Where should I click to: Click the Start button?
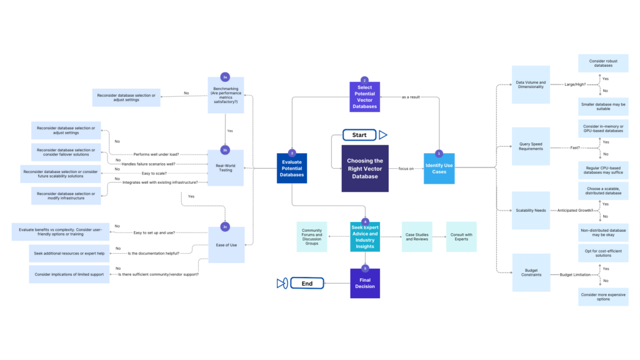(359, 135)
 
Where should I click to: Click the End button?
(307, 284)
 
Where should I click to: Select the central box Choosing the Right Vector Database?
(365, 168)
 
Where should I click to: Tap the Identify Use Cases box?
(439, 168)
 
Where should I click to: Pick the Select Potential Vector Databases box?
(364, 98)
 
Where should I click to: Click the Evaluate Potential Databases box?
(292, 168)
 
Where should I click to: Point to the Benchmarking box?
(226, 95)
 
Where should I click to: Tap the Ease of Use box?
(226, 245)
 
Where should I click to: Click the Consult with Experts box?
(461, 237)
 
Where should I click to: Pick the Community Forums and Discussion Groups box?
(312, 237)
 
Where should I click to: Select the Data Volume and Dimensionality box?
(531, 84)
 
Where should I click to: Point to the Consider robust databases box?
(602, 64)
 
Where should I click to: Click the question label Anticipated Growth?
(572, 211)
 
